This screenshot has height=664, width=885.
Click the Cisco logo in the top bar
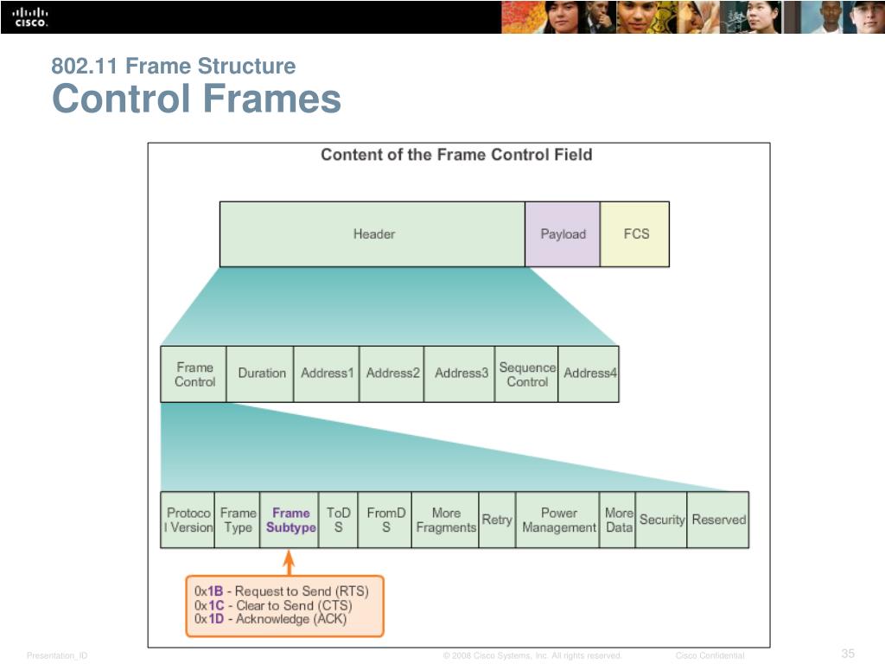30,16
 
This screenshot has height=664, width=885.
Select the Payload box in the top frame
563,233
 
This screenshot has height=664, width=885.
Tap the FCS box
635,233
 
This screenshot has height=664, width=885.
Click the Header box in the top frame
372,233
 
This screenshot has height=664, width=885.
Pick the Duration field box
261,373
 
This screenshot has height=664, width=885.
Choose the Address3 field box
461,373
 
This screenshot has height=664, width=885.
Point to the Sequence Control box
526,373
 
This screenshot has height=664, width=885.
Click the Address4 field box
589,373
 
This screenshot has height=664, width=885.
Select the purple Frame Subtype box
290,520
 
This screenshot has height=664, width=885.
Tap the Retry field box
496,520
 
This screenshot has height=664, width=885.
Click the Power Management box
558,520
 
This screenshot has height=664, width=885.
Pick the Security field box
661,520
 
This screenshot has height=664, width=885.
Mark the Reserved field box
718,520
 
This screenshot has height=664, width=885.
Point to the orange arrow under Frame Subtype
290,563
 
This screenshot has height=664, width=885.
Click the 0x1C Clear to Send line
273,605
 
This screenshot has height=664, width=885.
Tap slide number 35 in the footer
847,653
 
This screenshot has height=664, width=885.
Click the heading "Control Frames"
196,99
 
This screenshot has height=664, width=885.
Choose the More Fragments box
446,520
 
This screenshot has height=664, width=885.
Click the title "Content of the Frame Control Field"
456,155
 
